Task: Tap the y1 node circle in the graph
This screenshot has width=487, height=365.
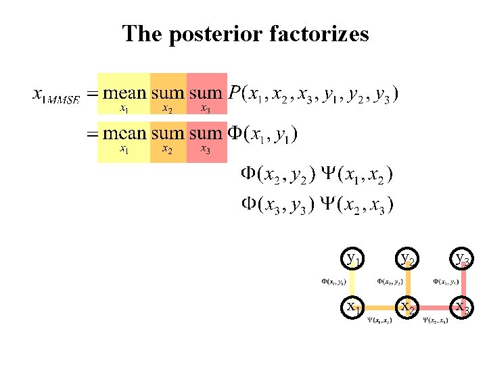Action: [352, 258]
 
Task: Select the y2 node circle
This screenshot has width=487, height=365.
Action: [407, 258]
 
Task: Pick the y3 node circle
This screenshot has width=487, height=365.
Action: [463, 258]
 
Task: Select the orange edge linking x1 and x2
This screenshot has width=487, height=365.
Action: [379, 308]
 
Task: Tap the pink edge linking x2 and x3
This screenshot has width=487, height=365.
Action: [435, 308]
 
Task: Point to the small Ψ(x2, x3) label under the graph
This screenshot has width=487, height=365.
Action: [435, 320]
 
